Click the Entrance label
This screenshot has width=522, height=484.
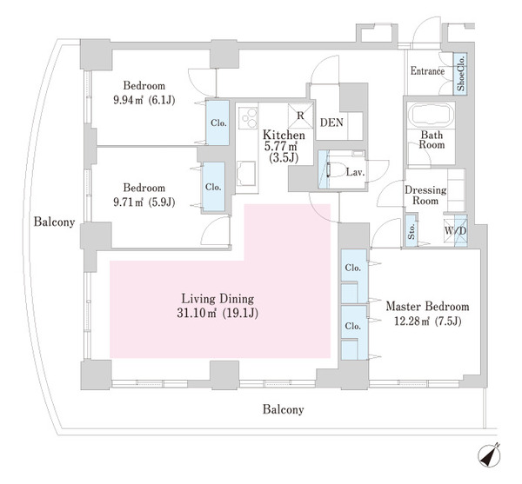coord(426,71)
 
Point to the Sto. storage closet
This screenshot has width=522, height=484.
coord(412,231)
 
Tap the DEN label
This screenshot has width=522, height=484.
coord(331,123)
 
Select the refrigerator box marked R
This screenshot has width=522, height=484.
coord(300,114)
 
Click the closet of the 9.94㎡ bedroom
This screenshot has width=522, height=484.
coord(217,123)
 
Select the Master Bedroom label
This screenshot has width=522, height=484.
coord(427,307)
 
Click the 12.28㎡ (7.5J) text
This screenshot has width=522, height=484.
coord(427,323)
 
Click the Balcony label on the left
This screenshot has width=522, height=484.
coord(53,222)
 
